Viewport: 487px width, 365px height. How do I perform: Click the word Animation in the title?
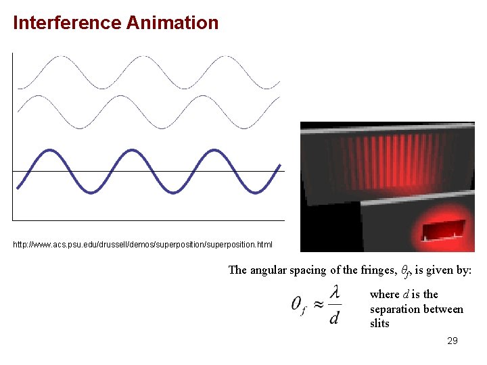coord(172,23)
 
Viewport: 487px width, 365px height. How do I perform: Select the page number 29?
coord(453,341)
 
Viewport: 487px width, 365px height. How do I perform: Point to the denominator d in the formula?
coord(334,316)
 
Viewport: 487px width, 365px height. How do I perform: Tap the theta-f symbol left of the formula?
coord(300,306)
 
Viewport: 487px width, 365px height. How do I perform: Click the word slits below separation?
coord(379,324)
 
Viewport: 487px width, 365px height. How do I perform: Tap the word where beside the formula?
coord(384,294)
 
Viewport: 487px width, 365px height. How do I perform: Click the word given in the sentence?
coord(440,270)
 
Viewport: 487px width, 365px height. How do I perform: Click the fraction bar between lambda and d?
coord(334,305)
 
